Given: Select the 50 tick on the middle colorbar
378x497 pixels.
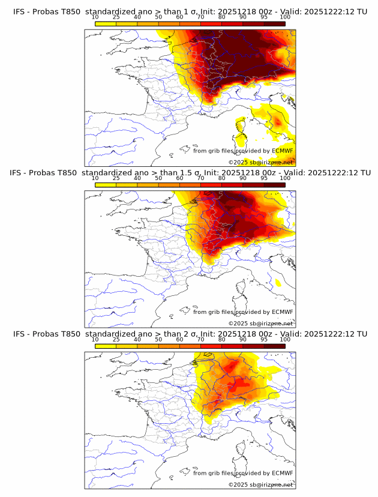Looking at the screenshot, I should coord(158,178).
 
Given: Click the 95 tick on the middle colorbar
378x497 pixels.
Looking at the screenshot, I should coord(264,178).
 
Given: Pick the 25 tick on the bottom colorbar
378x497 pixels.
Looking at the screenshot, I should coord(116,340).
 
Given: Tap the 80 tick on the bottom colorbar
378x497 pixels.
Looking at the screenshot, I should coord(222,340).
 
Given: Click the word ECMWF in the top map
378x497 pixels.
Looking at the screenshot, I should coord(283,151).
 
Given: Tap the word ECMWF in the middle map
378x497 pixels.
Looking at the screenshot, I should coord(283,312).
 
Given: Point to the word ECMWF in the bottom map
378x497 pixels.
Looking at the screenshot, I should coord(283,473).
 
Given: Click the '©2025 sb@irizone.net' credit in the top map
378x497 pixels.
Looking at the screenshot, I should coord(261,163).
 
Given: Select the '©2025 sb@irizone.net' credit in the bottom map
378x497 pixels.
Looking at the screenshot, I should coord(261,485).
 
